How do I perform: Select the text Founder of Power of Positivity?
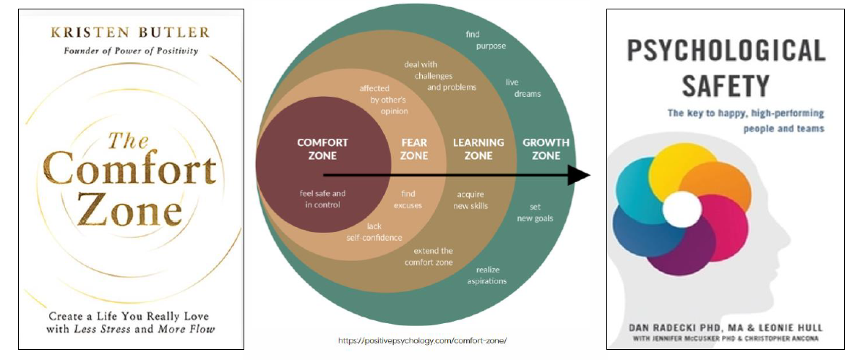pyautogui.click(x=131, y=51)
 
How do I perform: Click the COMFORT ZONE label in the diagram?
pyautogui.click(x=322, y=149)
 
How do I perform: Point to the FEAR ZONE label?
pyautogui.click(x=414, y=149)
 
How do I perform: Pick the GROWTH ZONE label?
pyautogui.click(x=546, y=149)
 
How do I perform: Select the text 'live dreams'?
pyautogui.click(x=523, y=87)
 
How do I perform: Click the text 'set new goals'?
pyautogui.click(x=535, y=213)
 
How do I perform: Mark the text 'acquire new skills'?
pyautogui.click(x=471, y=200)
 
